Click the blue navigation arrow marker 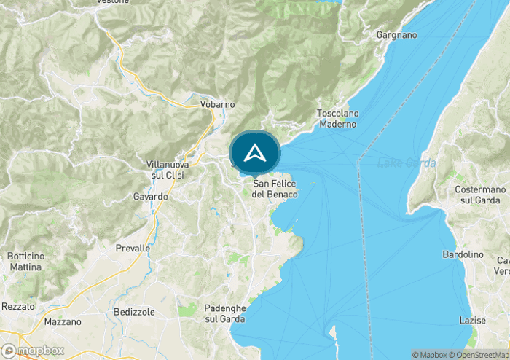[x=254, y=153]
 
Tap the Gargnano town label [x=396, y=35]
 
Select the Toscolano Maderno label [x=337, y=119]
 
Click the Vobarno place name [x=217, y=104]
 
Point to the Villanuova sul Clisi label [x=168, y=171]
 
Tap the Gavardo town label [x=151, y=197]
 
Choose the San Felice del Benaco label [x=275, y=189]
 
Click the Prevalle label [x=133, y=249]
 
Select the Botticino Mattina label [x=25, y=262]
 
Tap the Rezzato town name [x=17, y=306]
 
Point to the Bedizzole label [x=134, y=312]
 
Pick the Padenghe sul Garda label [x=225, y=313]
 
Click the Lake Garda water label [x=406, y=163]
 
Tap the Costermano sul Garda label [x=477, y=195]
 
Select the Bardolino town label [x=463, y=254]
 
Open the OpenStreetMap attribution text [x=482, y=355]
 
